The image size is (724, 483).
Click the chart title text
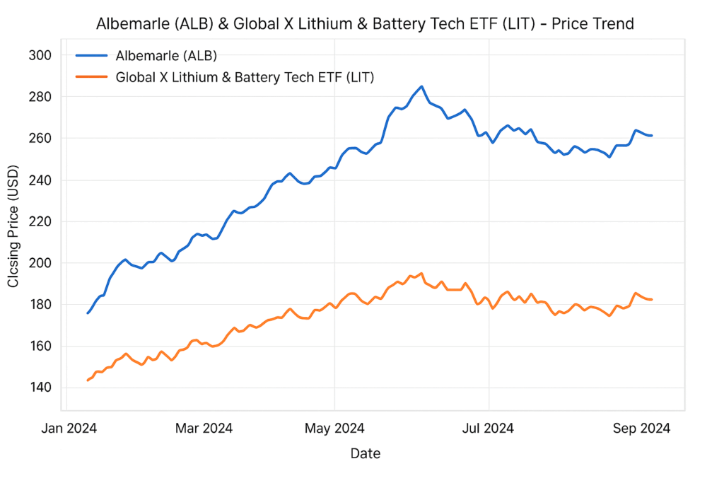364,23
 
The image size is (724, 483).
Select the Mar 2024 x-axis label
204,428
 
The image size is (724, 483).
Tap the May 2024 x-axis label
334,428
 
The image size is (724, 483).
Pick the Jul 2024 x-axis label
488,428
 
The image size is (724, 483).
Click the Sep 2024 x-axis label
641,428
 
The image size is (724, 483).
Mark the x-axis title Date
365,453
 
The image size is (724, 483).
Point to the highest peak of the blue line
421,87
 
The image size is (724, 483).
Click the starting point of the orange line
88,380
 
